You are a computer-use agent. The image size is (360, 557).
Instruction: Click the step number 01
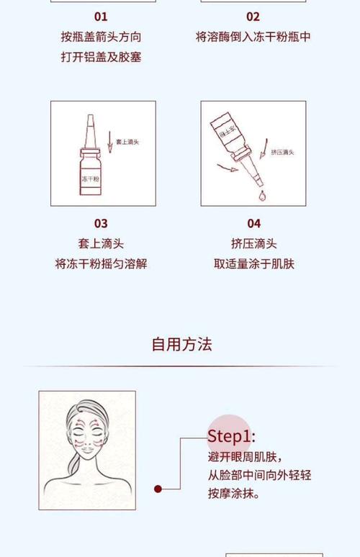click(x=101, y=17)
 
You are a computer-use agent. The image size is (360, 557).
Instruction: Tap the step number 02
click(x=253, y=17)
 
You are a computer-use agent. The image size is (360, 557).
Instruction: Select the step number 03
click(x=101, y=224)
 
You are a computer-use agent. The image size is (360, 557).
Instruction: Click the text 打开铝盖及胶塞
click(x=101, y=57)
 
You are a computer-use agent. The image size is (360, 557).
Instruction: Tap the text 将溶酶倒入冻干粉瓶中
click(x=253, y=37)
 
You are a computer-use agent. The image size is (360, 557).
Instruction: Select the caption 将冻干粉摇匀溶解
click(x=101, y=264)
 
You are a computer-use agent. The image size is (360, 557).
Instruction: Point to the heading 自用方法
click(x=181, y=344)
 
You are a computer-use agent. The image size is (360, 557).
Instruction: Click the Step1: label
click(x=231, y=436)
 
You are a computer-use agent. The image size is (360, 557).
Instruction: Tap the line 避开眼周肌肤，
click(x=245, y=458)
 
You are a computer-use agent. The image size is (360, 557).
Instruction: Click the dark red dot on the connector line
click(x=158, y=489)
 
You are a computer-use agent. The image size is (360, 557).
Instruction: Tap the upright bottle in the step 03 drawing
click(x=90, y=166)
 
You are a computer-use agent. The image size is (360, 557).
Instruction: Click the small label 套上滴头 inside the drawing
click(x=127, y=142)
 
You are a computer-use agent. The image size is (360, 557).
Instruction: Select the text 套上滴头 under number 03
click(x=101, y=244)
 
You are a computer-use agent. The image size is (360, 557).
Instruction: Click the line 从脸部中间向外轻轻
click(x=259, y=476)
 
